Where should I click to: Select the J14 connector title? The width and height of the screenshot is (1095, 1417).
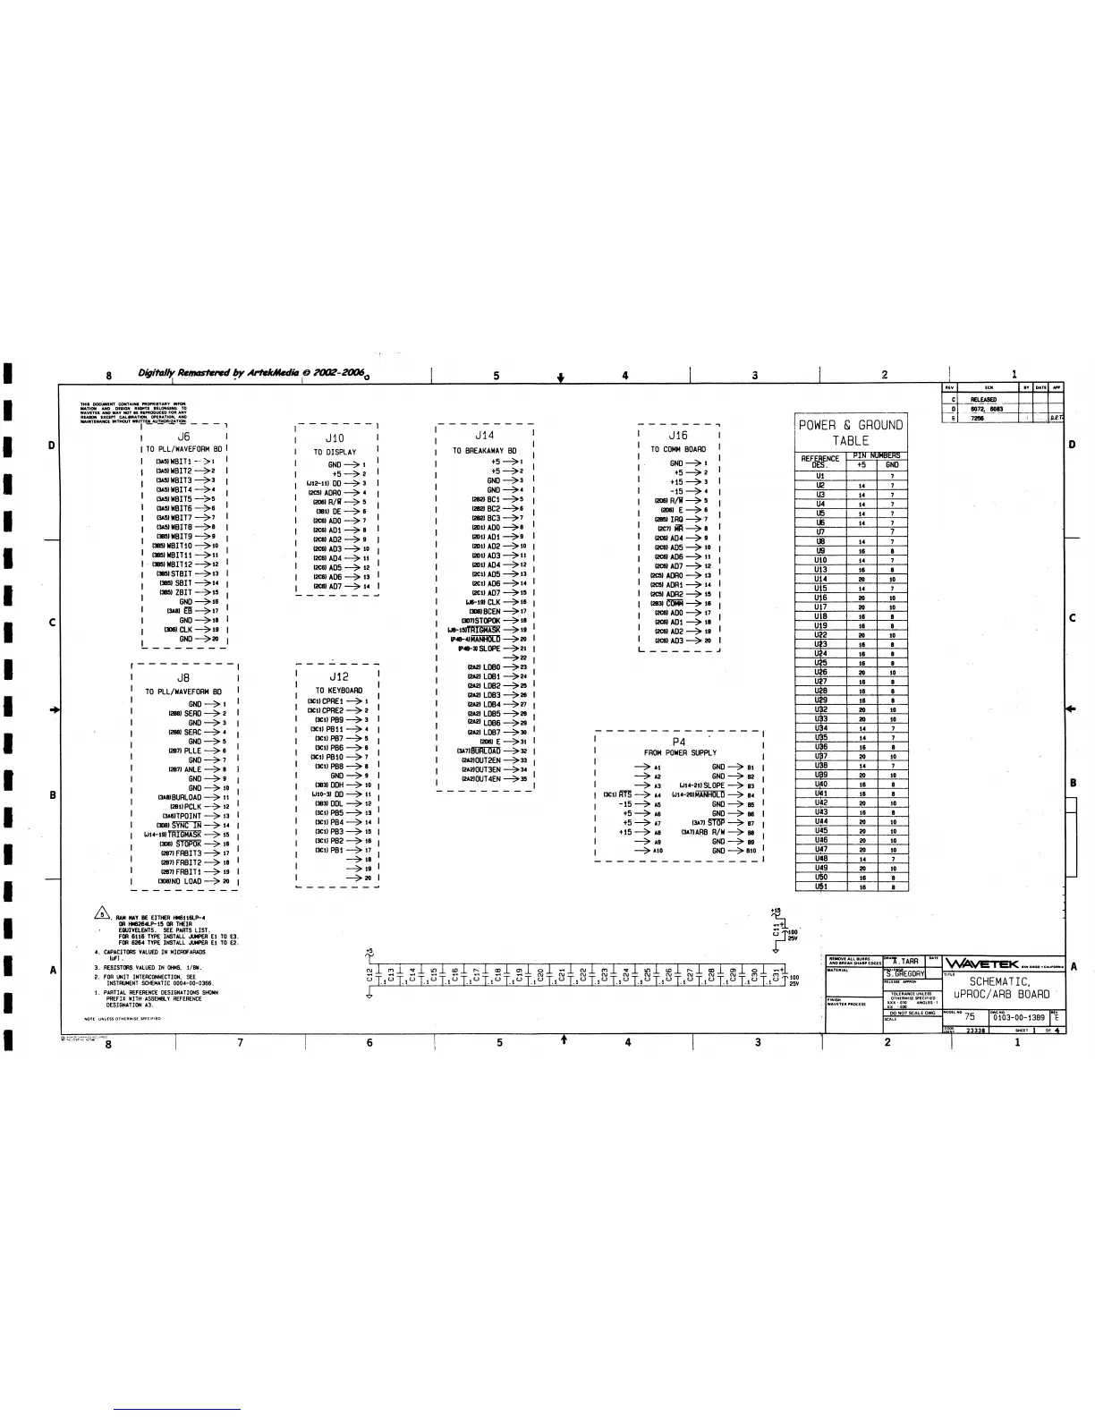point(484,436)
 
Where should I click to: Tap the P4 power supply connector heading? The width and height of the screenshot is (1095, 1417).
point(679,742)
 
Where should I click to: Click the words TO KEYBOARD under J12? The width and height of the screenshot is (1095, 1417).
point(339,690)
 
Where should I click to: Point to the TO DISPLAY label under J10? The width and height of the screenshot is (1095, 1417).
point(335,452)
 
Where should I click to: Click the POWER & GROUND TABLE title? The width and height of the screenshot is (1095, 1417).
point(851,433)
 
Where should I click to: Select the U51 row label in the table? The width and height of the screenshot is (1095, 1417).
point(820,887)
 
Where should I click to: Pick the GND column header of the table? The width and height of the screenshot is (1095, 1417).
point(892,465)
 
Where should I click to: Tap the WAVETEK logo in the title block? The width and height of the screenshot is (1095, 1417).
point(982,963)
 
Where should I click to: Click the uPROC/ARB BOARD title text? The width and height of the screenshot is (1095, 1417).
point(1001,994)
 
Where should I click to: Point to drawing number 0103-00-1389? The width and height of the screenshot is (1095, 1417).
point(1018,1017)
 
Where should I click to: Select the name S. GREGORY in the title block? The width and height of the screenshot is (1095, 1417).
point(905,973)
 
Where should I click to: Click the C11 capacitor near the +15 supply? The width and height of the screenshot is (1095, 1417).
point(777,930)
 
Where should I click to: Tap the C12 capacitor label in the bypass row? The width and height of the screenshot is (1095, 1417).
point(370,974)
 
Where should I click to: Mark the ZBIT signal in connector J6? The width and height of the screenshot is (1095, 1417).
point(183,592)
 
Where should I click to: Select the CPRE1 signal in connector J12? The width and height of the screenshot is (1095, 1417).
point(331,701)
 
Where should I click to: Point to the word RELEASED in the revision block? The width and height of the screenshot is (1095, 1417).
point(983,400)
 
